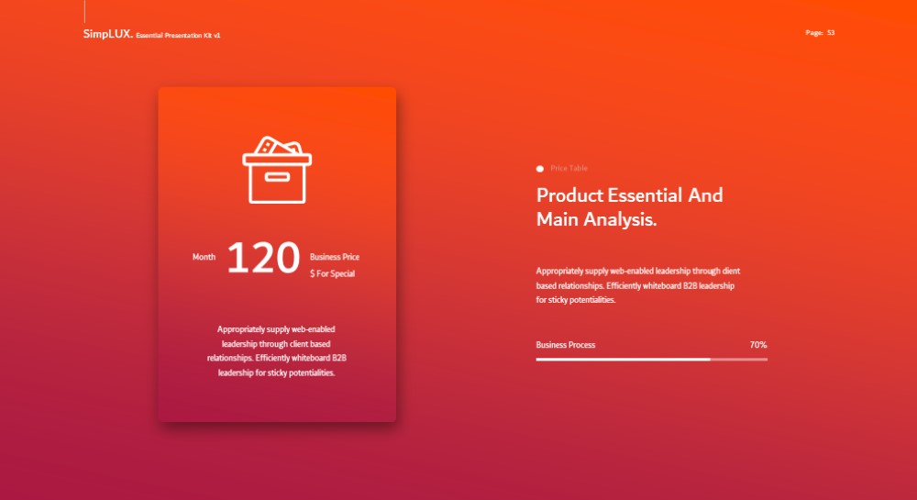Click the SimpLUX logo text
[x=108, y=34]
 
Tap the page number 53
[x=831, y=33]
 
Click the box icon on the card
[x=277, y=170]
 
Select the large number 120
[x=263, y=257]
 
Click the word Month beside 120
[x=204, y=257]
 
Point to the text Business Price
[x=335, y=257]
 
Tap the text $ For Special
[x=332, y=273]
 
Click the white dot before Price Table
[x=540, y=169]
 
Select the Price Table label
[x=569, y=168]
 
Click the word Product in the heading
[x=569, y=195]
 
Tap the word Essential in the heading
[x=645, y=195]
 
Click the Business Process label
[x=566, y=345]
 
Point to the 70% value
[x=758, y=345]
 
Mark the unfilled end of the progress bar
[x=768, y=359]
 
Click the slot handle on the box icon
[x=277, y=177]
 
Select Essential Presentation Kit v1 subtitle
[x=179, y=35]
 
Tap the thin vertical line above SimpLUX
[x=84, y=11]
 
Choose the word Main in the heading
[x=558, y=219]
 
